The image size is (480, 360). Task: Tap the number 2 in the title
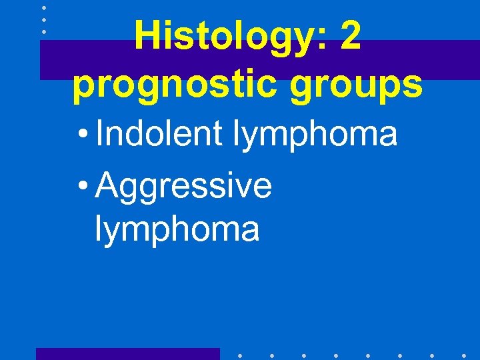351,37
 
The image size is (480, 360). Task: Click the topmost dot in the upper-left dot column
43,8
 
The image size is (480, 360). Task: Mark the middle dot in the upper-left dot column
43,20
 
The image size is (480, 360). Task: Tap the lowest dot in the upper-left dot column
43,32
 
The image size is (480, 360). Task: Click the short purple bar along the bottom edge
127,353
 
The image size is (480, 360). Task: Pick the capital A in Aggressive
108,185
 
